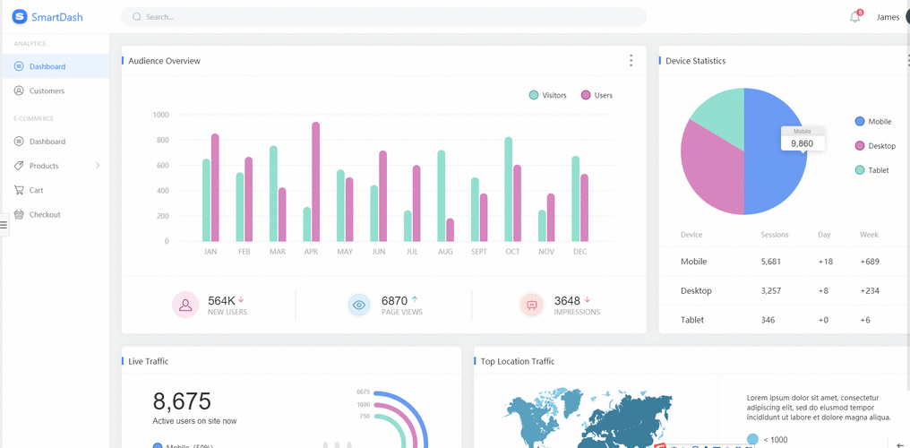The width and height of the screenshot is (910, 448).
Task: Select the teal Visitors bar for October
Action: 509,189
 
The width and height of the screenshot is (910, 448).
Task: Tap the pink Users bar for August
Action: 450,230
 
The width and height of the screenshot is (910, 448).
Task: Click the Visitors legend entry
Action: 547,95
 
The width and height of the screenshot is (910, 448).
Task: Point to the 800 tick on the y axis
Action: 160,140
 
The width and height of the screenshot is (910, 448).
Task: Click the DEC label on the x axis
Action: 579,252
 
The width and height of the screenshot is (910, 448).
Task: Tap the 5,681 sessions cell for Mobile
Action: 770,262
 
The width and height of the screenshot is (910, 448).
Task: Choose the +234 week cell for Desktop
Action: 869,290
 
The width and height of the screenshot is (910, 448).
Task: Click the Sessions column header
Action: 774,235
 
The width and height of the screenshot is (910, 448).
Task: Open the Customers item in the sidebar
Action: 47,90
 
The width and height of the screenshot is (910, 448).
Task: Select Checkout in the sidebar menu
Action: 45,214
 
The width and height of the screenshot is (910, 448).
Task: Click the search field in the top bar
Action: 385,17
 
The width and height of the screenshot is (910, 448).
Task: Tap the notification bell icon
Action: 854,17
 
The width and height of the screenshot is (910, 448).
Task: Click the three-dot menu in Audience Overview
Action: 631,60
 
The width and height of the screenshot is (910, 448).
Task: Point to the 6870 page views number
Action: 394,301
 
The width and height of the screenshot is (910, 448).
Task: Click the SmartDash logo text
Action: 56,17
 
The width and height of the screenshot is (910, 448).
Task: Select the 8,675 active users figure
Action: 182,401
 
